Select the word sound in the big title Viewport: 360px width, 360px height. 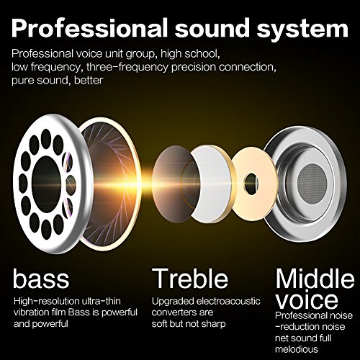point(212,27)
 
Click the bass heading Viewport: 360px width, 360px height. point(41,278)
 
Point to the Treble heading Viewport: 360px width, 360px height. point(190,278)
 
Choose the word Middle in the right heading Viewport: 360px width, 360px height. point(315,279)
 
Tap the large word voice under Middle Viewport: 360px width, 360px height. point(307,300)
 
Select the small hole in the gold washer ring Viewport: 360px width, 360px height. point(251,184)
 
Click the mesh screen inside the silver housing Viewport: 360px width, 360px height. point(312,184)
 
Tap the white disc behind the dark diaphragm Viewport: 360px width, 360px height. point(211,184)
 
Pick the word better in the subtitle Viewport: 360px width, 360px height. point(89,80)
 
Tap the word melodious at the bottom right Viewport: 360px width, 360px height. point(297,349)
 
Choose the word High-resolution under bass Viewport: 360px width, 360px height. point(47,301)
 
